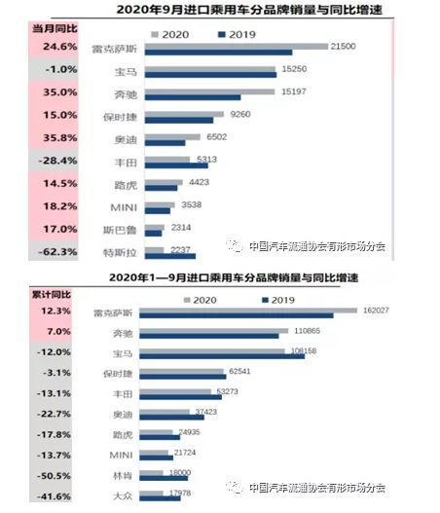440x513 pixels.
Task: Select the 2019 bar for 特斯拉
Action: tap(170, 256)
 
